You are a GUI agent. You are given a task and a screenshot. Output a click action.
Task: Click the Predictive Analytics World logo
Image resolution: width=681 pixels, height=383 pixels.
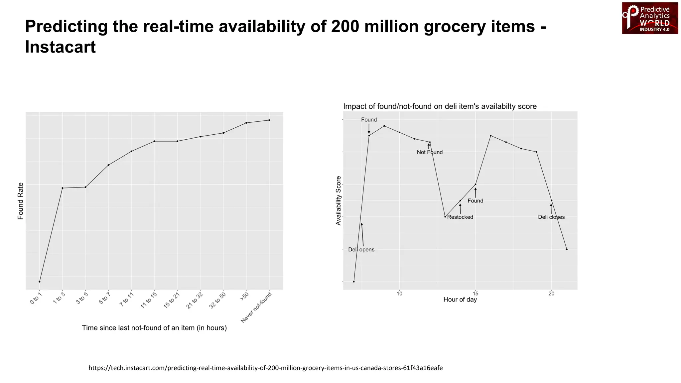[650, 18]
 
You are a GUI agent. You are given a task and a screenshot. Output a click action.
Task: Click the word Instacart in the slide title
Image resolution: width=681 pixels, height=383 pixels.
[60, 47]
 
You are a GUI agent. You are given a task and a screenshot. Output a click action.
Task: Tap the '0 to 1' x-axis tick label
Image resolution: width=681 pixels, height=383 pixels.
[36, 298]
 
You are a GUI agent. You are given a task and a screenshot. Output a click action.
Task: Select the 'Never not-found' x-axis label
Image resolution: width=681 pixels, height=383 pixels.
[256, 308]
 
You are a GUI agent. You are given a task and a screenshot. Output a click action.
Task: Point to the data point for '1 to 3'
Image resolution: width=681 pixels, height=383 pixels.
[63, 188]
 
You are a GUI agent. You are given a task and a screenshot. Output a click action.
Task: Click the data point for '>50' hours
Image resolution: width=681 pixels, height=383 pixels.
[246, 123]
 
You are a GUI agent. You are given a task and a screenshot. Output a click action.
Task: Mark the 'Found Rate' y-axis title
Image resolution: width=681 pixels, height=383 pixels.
[21, 201]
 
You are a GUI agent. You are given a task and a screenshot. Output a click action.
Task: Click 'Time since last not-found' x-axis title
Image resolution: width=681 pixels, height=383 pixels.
[154, 328]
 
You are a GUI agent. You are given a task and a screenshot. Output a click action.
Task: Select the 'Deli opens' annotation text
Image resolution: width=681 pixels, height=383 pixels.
[361, 250]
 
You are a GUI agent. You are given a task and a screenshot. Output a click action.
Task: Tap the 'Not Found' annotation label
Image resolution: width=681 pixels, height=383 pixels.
[430, 152]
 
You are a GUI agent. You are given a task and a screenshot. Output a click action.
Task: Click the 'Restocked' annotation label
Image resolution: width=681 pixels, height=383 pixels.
[460, 217]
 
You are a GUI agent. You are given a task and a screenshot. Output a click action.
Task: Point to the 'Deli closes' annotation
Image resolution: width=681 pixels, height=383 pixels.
[551, 217]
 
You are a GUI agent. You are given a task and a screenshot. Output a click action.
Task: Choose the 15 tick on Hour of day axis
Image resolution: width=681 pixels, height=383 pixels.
[476, 294]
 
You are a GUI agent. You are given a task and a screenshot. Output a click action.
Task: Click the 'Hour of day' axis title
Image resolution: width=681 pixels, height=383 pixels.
[460, 300]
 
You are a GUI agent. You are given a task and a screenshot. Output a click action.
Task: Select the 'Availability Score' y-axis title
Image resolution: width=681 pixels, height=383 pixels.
[339, 201]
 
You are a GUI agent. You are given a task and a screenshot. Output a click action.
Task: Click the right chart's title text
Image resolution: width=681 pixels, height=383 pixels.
[440, 106]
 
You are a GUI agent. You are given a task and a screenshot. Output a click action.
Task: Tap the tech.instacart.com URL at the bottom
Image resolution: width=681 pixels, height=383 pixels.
[265, 368]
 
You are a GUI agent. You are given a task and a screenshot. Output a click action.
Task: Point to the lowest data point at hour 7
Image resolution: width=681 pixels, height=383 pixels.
[354, 282]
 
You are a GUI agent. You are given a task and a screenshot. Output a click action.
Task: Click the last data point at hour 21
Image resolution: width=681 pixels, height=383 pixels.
[567, 249]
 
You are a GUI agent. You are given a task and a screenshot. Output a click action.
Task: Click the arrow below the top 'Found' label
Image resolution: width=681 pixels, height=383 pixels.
[369, 129]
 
